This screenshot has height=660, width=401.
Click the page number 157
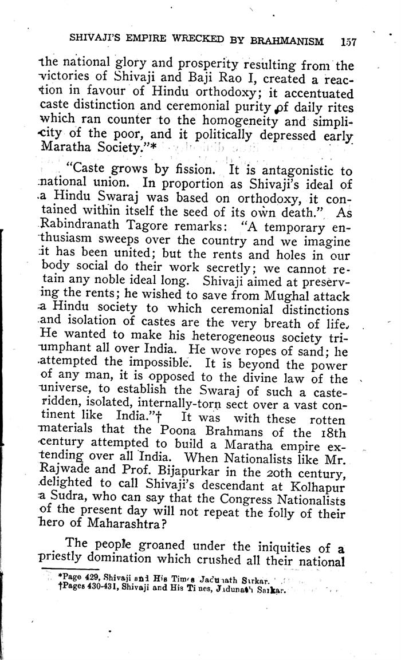coord(348,41)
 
